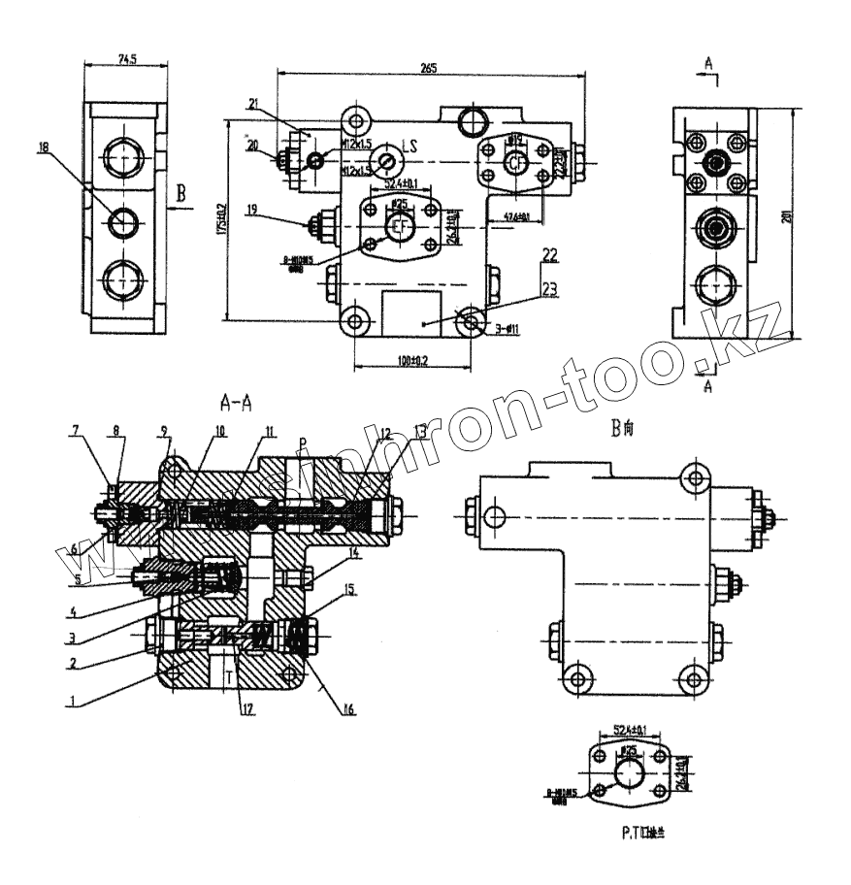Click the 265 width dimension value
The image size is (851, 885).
tap(428, 67)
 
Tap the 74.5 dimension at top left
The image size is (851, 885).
tap(125, 59)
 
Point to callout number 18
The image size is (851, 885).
tap(43, 147)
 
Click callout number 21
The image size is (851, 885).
tap(252, 103)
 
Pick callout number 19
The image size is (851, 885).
tap(251, 209)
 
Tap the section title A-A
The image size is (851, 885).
tap(239, 400)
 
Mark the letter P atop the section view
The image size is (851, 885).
tap(303, 442)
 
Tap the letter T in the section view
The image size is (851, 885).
tap(229, 673)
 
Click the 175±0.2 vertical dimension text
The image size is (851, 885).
tap(222, 219)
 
